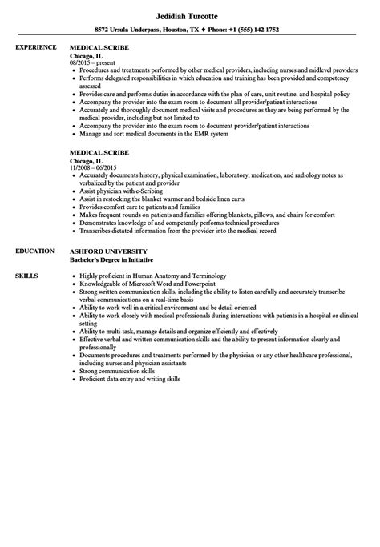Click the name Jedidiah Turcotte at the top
click(190, 13)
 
